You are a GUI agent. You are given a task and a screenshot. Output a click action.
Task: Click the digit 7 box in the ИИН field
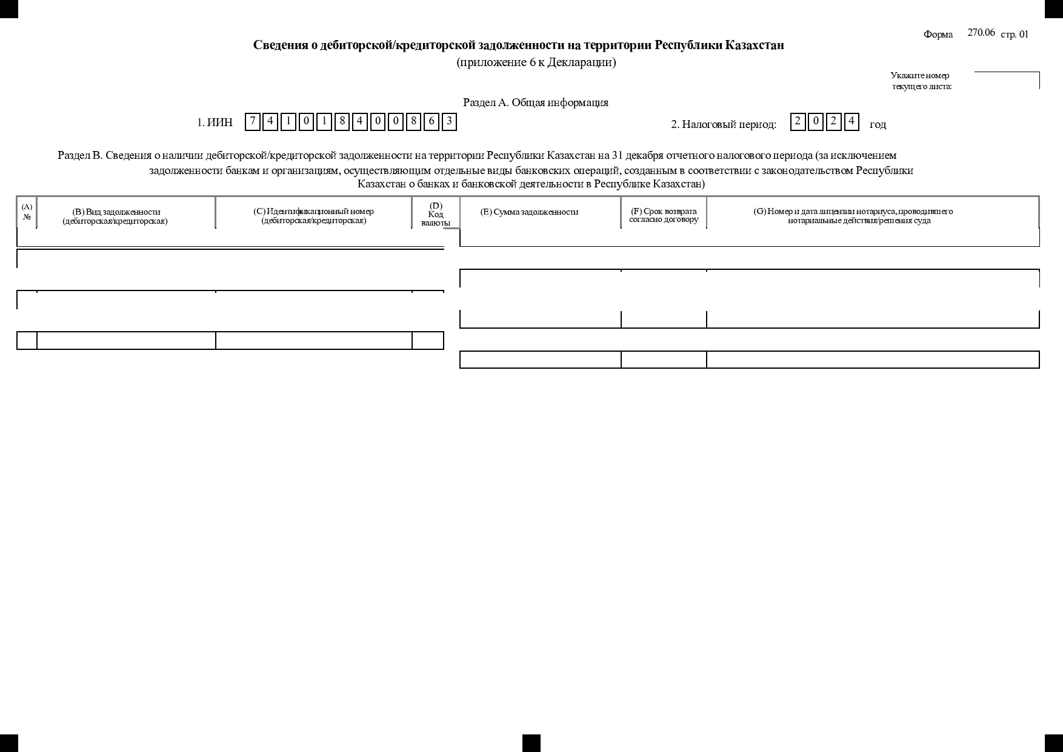tap(253, 122)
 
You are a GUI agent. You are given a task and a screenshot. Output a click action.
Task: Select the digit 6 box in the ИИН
tap(431, 122)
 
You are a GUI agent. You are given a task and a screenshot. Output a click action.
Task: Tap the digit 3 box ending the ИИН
tap(449, 122)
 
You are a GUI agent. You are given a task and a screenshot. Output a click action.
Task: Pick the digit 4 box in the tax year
tap(851, 122)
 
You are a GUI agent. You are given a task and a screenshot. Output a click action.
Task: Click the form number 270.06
tap(981, 33)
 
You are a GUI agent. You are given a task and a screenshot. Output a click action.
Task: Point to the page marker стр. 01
tap(1014, 35)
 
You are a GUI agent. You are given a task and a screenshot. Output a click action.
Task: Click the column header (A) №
tap(27, 212)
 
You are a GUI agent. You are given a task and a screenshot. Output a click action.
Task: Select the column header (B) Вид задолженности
tap(116, 216)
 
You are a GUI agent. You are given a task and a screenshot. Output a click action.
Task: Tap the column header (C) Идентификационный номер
tap(313, 215)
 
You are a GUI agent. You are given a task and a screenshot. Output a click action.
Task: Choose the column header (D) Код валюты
tap(436, 214)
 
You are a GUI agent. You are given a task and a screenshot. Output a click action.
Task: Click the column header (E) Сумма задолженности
tap(529, 212)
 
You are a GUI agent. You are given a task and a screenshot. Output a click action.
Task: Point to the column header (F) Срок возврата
tap(664, 215)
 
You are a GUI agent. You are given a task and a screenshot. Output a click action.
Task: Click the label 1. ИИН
tap(215, 123)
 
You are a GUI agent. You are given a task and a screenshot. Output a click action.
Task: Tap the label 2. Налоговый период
tap(723, 124)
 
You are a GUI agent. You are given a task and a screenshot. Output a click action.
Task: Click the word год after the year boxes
tap(878, 125)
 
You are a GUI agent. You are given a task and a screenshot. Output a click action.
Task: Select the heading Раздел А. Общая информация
tap(535, 102)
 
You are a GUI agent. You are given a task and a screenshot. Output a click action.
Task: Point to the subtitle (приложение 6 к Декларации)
tap(536, 62)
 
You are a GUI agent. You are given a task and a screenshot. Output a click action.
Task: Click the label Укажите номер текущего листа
tap(921, 81)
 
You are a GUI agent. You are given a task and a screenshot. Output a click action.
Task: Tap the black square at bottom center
tap(531, 743)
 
